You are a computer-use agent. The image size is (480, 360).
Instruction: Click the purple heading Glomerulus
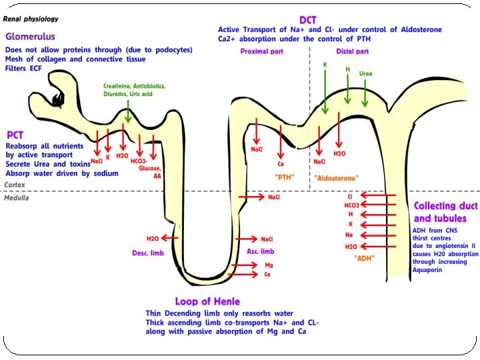[30, 37]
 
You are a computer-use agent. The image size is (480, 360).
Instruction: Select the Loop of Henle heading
[207, 301]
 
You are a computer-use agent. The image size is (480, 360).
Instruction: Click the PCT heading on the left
[15, 134]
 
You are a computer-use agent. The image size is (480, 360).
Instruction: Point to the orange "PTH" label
[285, 177]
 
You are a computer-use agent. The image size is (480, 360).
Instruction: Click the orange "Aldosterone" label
[336, 178]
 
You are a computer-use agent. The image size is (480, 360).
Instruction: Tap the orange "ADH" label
[364, 259]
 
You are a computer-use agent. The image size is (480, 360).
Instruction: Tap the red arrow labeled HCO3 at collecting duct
[379, 205]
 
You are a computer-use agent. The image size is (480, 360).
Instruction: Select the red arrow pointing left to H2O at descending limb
[170, 238]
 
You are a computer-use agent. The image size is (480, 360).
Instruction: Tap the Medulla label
[17, 198]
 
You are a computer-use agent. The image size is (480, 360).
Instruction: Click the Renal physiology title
[31, 19]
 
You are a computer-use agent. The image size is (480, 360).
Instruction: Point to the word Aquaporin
[433, 273]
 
